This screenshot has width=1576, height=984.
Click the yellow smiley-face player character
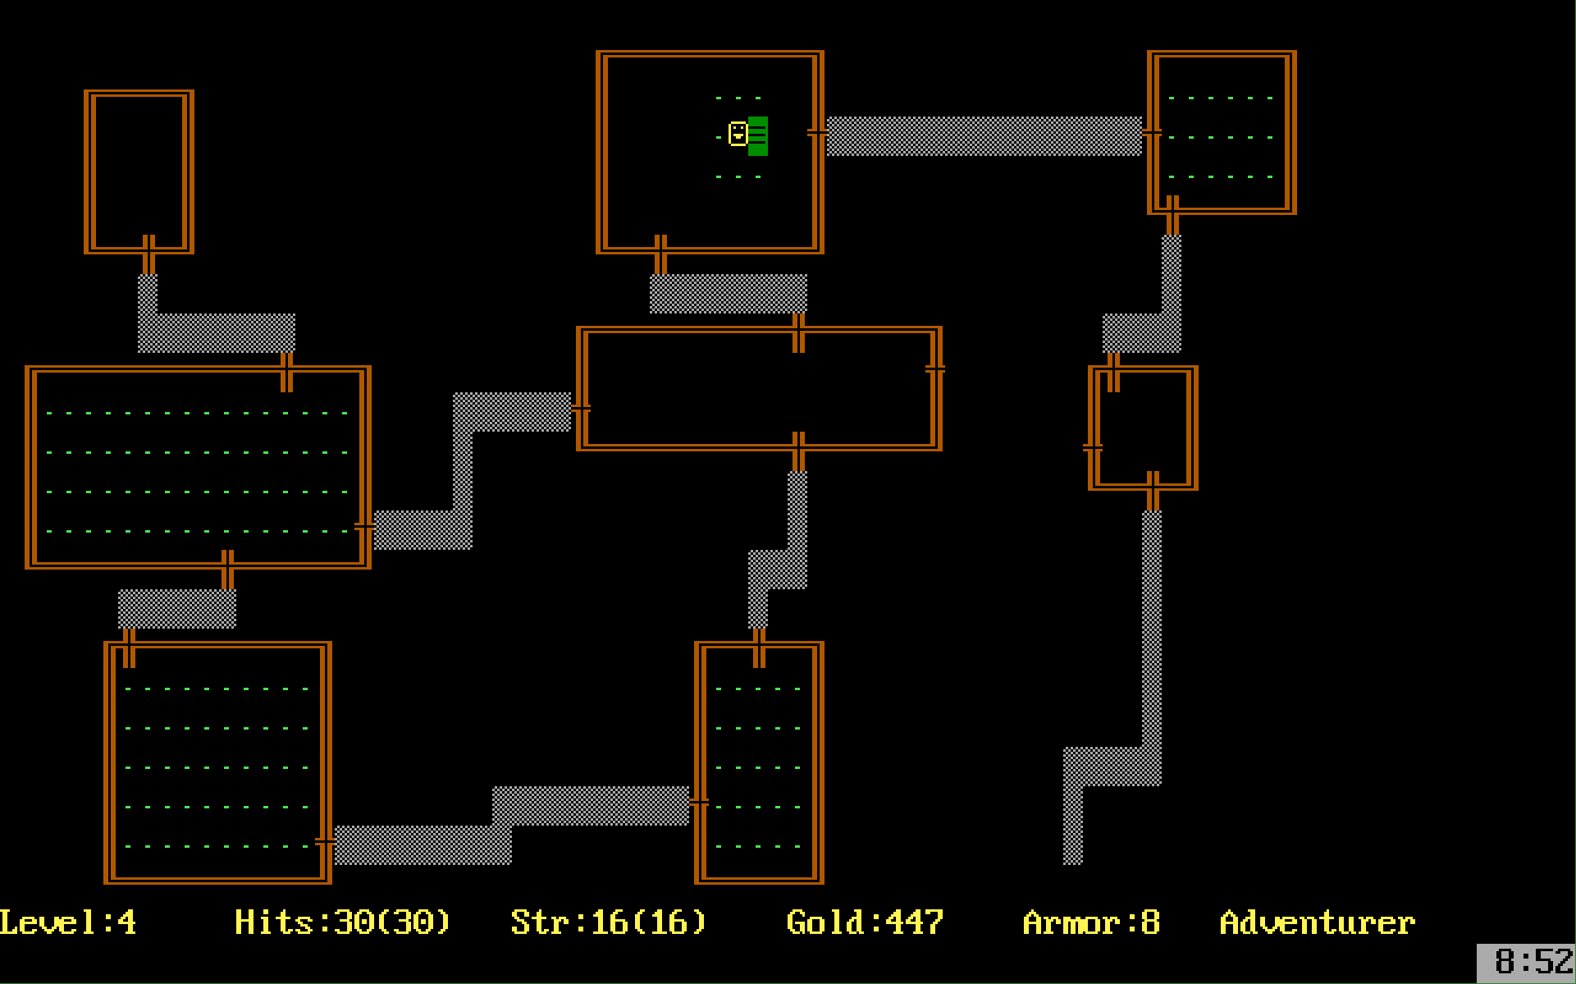738,134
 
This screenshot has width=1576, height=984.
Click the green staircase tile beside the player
758,136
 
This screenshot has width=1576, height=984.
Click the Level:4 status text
68,922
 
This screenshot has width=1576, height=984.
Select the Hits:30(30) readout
343,922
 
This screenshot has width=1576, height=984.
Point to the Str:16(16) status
609,922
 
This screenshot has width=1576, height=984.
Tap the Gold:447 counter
865,922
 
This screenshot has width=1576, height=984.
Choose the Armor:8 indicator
1091,922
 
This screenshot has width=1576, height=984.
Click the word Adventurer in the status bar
1318,922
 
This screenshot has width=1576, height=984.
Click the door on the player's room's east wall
817,133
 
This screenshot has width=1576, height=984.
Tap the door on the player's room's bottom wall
660,254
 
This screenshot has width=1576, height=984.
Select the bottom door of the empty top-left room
148,254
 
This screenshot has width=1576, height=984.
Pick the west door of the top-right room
1152,133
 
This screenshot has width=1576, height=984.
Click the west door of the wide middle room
581,408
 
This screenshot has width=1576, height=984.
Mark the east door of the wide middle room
935,369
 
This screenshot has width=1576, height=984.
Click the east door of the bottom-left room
325,842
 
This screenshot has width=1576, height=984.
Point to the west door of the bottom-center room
699,803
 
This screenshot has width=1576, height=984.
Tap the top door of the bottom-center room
759,648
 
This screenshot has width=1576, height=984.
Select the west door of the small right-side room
1093,448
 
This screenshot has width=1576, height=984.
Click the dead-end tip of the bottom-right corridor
1073,860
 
